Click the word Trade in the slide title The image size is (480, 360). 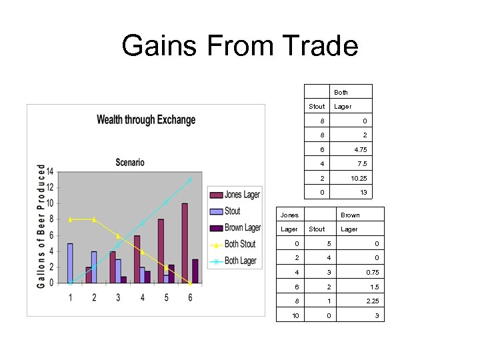[321, 47]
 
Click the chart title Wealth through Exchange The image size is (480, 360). [146, 120]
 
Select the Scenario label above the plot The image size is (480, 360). [129, 163]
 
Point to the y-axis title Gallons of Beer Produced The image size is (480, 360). [41, 227]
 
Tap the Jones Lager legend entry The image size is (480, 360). [241, 195]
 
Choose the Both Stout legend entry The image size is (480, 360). [239, 244]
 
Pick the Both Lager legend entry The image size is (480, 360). [240, 261]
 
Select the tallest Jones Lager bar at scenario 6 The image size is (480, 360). [185, 243]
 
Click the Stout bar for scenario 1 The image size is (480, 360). [70, 263]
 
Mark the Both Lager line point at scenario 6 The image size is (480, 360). [190, 179]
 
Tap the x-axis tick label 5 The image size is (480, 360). [166, 297]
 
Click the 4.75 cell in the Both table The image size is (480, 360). [361, 150]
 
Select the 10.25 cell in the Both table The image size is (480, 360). [359, 179]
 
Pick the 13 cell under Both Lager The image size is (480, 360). [363, 193]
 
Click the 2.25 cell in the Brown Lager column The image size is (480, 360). [373, 301]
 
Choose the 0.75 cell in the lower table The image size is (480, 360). [373, 272]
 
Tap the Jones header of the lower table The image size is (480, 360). [289, 215]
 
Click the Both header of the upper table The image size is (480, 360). [341, 93]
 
